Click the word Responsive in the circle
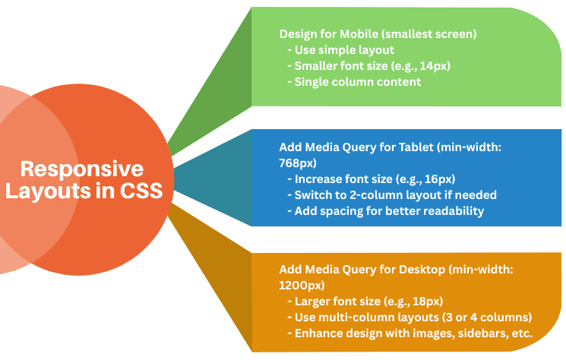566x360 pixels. pos(81,169)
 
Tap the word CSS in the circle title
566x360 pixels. pos(140,191)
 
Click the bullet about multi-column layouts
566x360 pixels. pos(409,317)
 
